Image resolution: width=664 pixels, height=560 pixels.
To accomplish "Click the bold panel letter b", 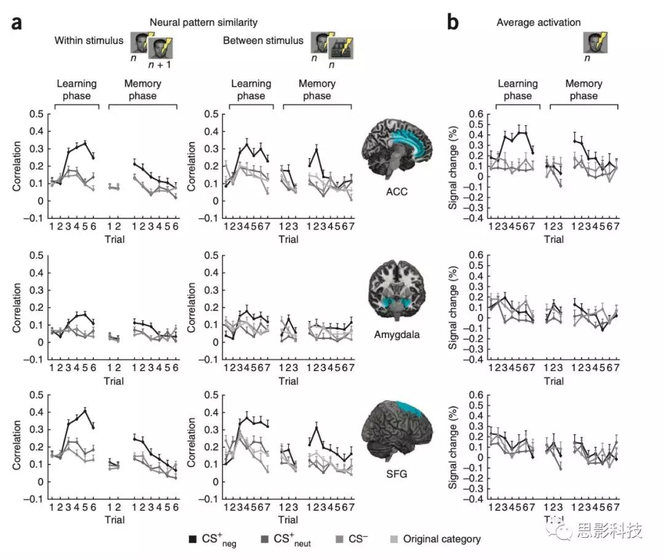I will click(453, 23).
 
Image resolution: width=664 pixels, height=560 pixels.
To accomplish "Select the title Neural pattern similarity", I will click(202, 23).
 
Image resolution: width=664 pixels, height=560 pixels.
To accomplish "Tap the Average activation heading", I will click(539, 23).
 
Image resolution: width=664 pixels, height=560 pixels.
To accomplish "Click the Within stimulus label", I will click(89, 41).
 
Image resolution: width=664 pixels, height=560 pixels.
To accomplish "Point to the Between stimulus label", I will click(263, 41).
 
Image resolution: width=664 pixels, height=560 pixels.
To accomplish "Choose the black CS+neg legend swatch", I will click(192, 540).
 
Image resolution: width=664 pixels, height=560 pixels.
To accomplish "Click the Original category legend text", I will click(441, 540).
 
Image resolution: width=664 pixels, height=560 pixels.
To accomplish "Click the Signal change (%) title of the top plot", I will click(453, 165).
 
